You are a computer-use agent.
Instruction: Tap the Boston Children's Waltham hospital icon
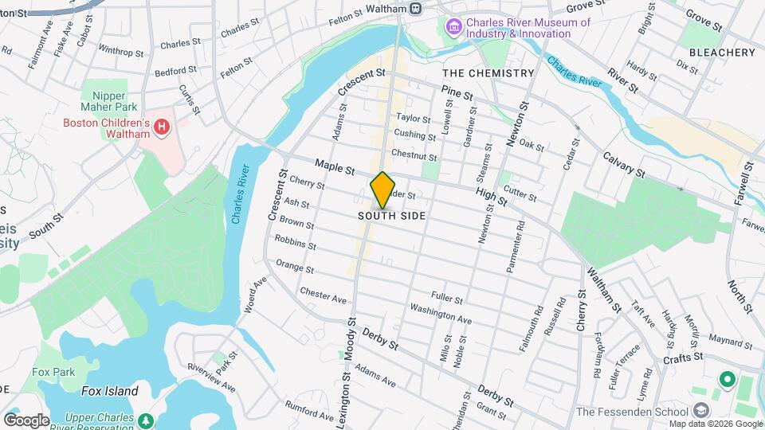pyautogui.click(x=162, y=127)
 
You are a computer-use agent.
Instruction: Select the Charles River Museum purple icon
pyautogui.click(x=453, y=29)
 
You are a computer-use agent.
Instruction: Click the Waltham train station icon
pyautogui.click(x=415, y=8)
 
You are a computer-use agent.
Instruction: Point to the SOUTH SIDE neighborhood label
pyautogui.click(x=391, y=216)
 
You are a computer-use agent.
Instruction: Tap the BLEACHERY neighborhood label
pyautogui.click(x=721, y=53)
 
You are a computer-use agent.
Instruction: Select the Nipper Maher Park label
pyautogui.click(x=109, y=100)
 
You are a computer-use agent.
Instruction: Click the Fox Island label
pyautogui.click(x=110, y=391)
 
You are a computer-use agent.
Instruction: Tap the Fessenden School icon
pyautogui.click(x=701, y=411)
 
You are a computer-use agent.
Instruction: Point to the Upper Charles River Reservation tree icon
pyautogui.click(x=145, y=419)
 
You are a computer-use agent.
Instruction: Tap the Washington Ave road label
pyautogui.click(x=441, y=314)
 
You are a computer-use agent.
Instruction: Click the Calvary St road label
pyautogui.click(x=623, y=164)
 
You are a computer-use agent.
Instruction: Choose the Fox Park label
pyautogui.click(x=53, y=372)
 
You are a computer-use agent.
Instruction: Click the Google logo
pyautogui.click(x=26, y=420)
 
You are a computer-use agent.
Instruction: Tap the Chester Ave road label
pyautogui.click(x=324, y=295)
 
